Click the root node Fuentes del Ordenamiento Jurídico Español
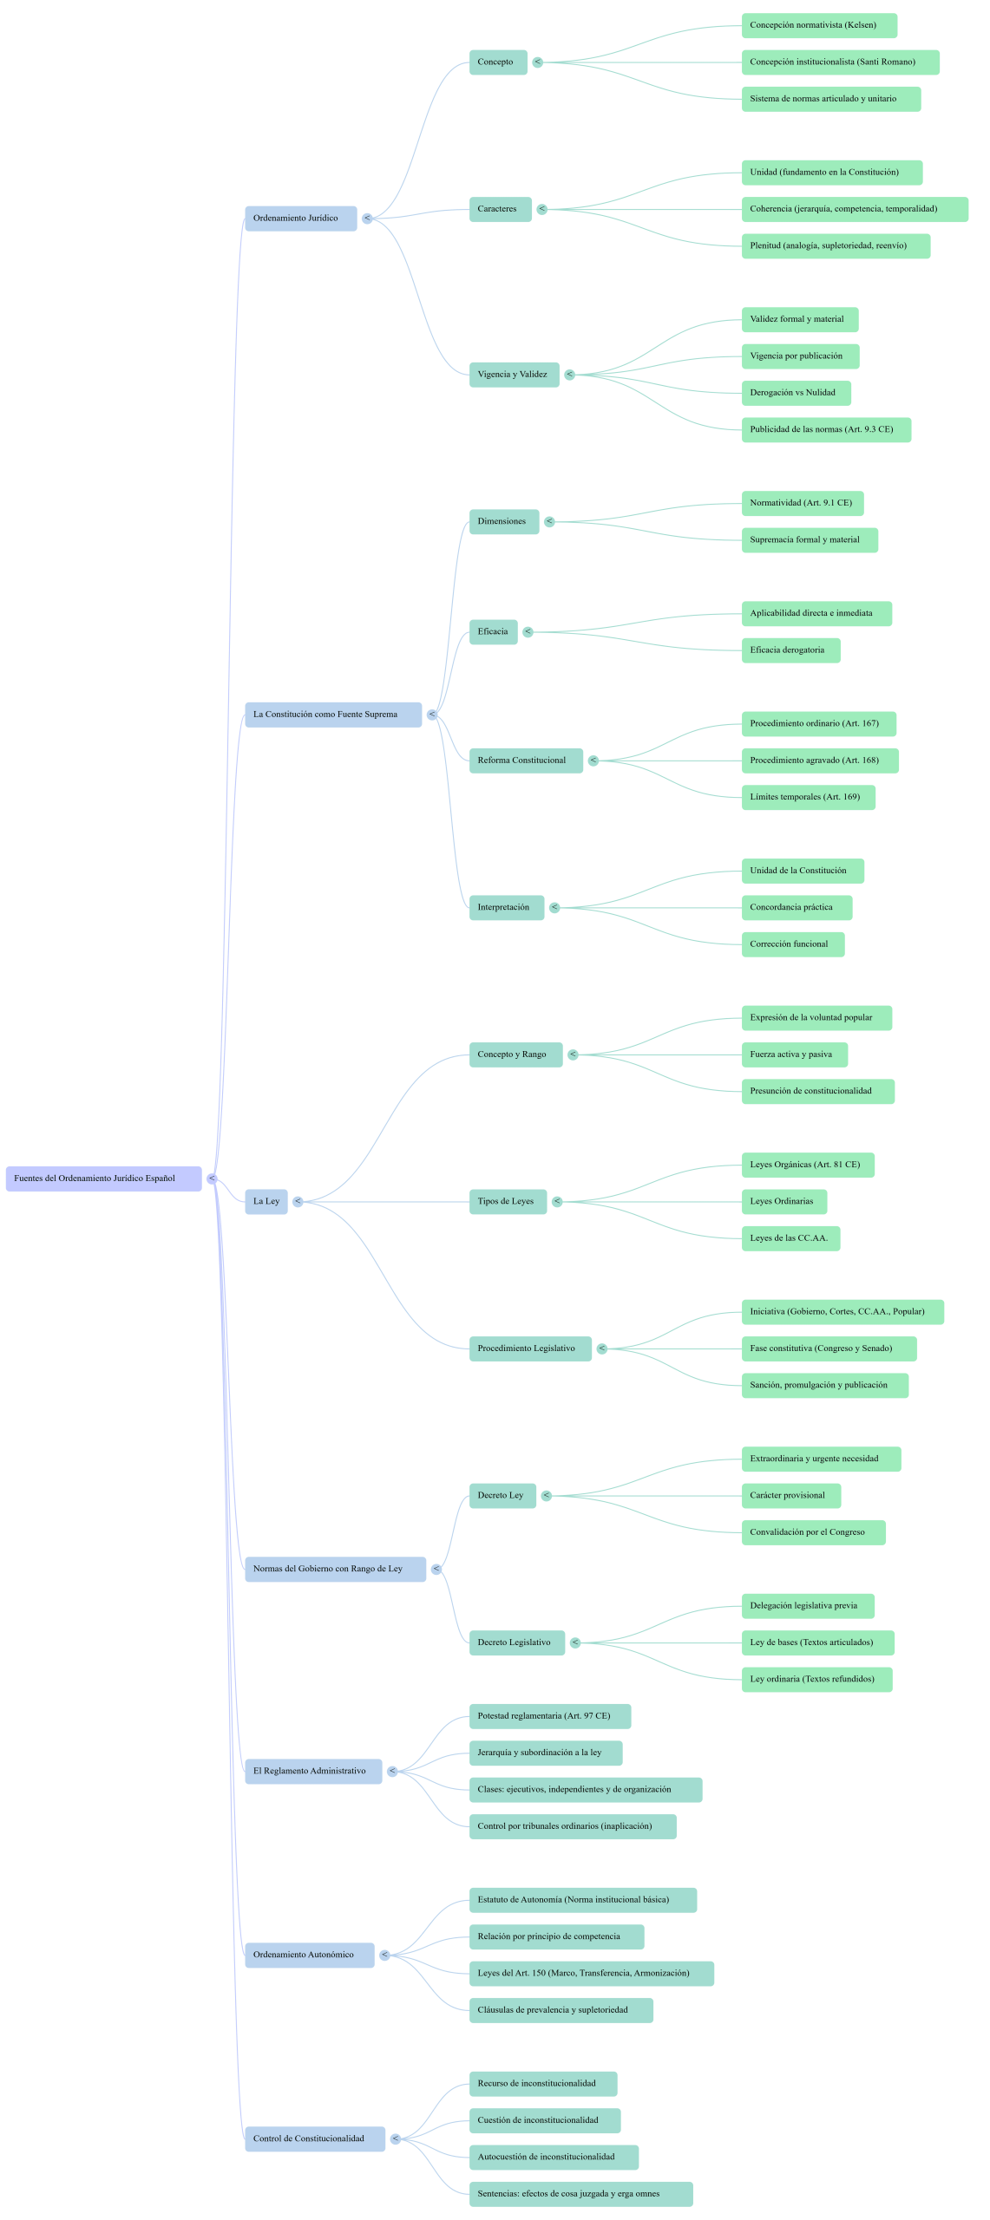(x=103, y=1179)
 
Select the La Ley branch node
(x=266, y=1201)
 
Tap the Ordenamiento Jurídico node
(x=300, y=219)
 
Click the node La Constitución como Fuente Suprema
(x=332, y=715)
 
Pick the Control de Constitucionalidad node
(x=314, y=2138)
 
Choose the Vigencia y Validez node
(x=514, y=375)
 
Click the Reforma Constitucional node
(x=525, y=761)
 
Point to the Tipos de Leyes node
(x=508, y=1201)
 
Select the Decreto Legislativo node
(x=516, y=1642)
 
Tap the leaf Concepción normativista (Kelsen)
(x=818, y=25)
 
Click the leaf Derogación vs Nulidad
(x=795, y=393)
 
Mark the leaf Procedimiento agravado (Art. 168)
(x=819, y=761)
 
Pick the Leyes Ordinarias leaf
(x=783, y=1201)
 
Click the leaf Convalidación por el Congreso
(x=813, y=1532)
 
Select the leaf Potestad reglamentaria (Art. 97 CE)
(x=549, y=1716)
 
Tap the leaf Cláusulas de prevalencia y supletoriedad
(x=561, y=2010)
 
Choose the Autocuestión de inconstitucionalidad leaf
(x=554, y=2157)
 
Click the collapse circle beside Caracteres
(x=541, y=209)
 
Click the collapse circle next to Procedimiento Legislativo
(x=602, y=1348)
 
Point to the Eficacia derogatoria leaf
(x=790, y=650)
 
